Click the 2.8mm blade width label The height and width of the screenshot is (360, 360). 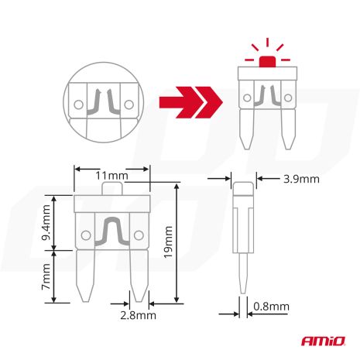pyautogui.click(x=138, y=315)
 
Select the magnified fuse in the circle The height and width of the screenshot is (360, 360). pyautogui.click(x=104, y=101)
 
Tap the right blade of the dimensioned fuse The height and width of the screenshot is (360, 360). pyautogui.click(x=139, y=276)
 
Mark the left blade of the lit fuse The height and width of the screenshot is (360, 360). pyautogui.click(x=248, y=129)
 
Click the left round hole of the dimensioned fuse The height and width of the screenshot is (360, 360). pyautogui.click(x=84, y=235)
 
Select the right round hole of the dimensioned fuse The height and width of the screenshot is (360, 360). pyautogui.click(x=139, y=235)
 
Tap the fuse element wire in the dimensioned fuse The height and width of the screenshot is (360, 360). pyautogui.click(x=111, y=231)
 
